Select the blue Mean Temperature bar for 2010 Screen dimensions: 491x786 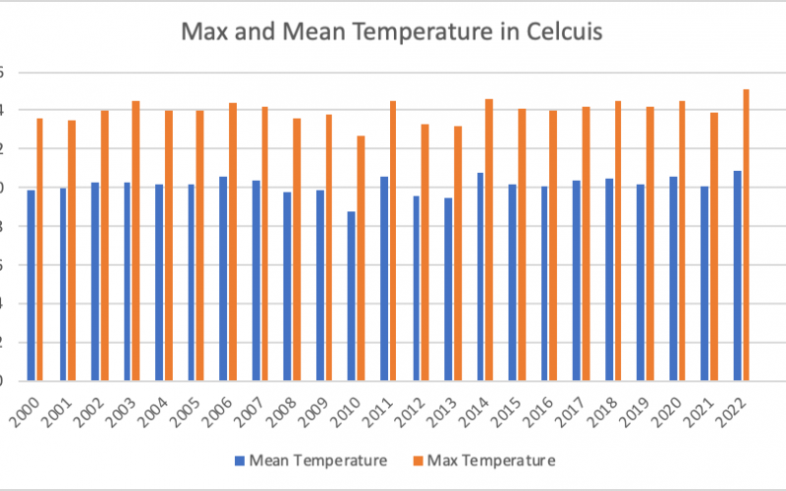pos(352,295)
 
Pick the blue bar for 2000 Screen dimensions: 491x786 pos(30,285)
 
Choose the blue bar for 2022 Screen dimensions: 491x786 pos(737,275)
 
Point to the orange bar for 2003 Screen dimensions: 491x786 pos(136,240)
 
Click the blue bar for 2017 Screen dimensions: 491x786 pos(577,280)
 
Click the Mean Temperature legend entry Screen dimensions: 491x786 pos(309,460)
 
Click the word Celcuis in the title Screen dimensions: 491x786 pos(555,31)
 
